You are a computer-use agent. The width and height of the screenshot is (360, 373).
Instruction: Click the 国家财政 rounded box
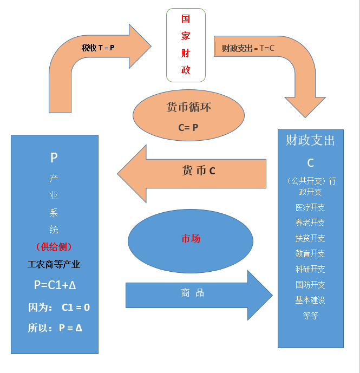point(186,45)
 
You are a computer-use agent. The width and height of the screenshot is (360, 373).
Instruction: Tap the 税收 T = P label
point(98,48)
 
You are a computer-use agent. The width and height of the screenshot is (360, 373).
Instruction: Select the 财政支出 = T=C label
point(248,48)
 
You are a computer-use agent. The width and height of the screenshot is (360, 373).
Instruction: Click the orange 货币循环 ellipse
point(188,115)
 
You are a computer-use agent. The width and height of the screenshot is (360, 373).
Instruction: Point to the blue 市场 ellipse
point(191,239)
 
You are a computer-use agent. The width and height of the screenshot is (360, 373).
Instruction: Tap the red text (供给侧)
point(54,247)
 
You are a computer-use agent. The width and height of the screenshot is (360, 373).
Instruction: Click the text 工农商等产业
point(54,264)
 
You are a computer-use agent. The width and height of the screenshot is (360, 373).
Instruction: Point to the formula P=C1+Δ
point(54,285)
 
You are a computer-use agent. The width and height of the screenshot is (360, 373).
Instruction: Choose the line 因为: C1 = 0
point(59,307)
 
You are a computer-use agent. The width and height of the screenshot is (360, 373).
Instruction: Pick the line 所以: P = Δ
point(55,328)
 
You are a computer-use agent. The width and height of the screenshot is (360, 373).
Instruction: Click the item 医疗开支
point(310,207)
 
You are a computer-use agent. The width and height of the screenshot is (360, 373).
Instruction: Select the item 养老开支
point(310,223)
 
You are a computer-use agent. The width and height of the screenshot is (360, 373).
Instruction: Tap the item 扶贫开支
point(310,238)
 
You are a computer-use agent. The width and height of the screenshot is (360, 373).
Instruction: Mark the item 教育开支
point(310,253)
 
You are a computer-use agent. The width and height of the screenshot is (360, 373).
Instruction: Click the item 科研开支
point(310,269)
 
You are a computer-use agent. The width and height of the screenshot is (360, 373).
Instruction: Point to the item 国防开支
point(310,285)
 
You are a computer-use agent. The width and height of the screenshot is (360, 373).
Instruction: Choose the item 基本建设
point(310,300)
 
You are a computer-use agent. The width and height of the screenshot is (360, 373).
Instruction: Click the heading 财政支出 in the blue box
point(310,141)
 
